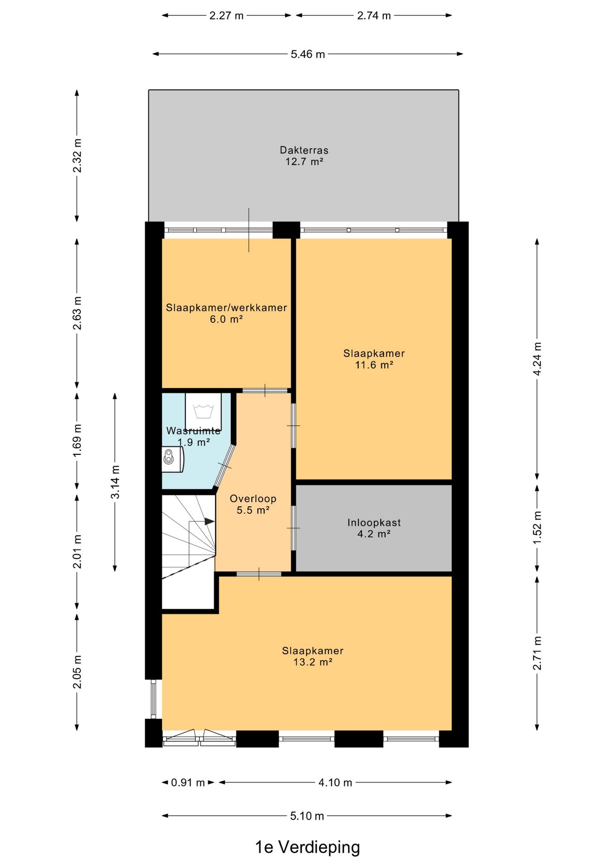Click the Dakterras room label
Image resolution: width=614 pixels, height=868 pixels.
(x=304, y=150)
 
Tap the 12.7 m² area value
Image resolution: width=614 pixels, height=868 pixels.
(x=304, y=162)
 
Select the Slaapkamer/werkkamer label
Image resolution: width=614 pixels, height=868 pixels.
(x=226, y=308)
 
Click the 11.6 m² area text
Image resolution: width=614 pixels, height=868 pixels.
(x=374, y=365)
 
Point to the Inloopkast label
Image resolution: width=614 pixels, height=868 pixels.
(x=374, y=523)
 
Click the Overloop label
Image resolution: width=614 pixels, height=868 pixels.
(x=253, y=499)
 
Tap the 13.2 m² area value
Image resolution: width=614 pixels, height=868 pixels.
(x=313, y=662)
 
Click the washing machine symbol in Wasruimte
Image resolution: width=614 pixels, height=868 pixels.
(x=203, y=412)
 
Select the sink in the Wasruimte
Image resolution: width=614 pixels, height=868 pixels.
(x=173, y=459)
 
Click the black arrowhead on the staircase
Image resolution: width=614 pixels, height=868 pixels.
(x=209, y=521)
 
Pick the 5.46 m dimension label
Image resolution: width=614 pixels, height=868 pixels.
(x=307, y=54)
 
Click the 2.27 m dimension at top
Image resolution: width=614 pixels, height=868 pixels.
(x=226, y=16)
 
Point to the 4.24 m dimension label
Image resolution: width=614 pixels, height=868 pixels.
(x=537, y=359)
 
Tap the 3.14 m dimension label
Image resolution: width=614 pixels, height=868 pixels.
(x=115, y=482)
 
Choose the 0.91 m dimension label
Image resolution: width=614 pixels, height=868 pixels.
(x=188, y=783)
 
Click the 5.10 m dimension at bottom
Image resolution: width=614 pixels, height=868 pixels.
(x=307, y=816)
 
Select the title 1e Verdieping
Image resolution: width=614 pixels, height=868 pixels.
(x=307, y=847)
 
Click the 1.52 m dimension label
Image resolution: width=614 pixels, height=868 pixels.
(x=537, y=528)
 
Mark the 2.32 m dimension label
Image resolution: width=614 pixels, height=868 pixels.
(x=77, y=156)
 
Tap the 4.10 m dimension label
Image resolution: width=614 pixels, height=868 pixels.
(x=335, y=783)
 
